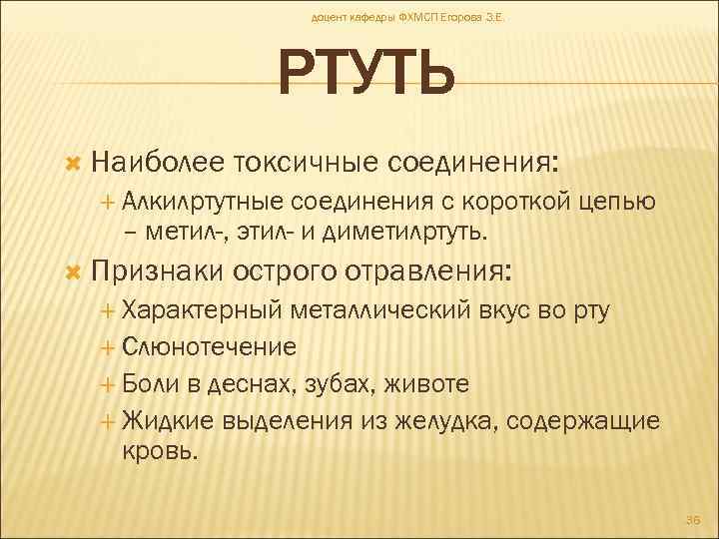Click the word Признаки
(x=158, y=271)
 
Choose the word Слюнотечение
(x=209, y=347)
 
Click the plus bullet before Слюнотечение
(x=108, y=348)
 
